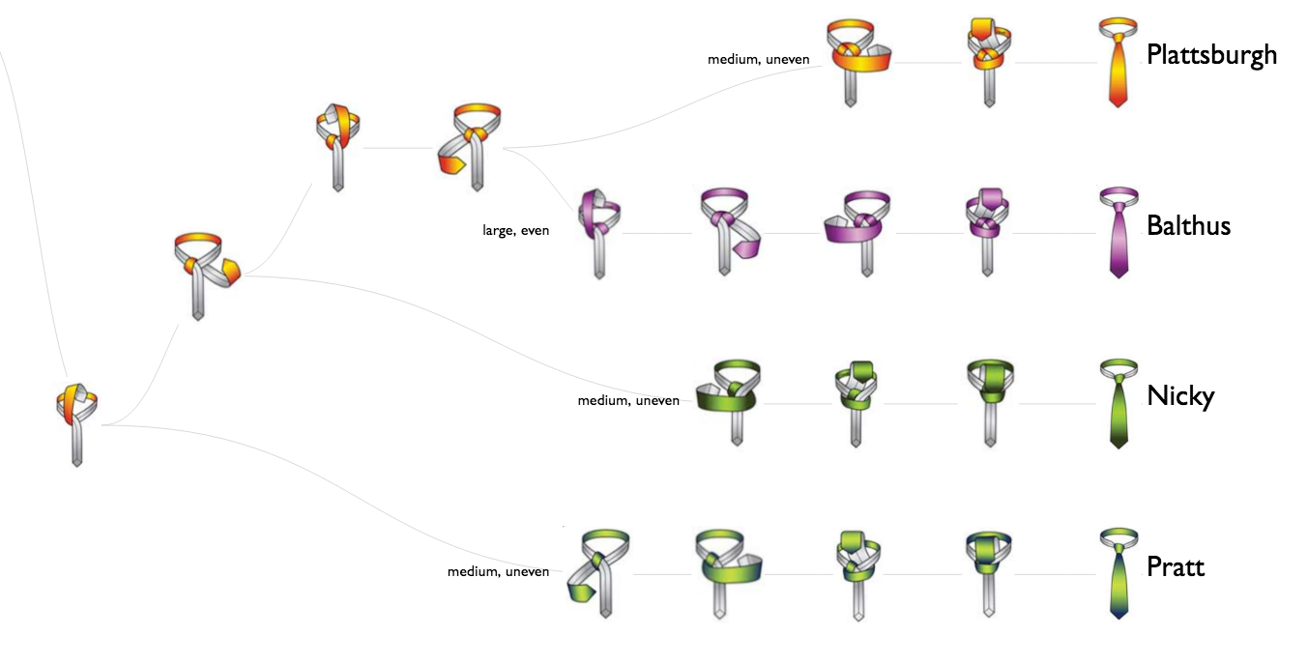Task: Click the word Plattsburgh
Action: pyautogui.click(x=1211, y=54)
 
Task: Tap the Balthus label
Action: pyautogui.click(x=1188, y=225)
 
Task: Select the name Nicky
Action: pyautogui.click(x=1179, y=396)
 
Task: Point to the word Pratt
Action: pyautogui.click(x=1176, y=566)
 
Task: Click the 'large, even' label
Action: pyautogui.click(x=515, y=230)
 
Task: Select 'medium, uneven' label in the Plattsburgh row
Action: pyautogui.click(x=758, y=59)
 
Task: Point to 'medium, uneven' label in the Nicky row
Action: pyautogui.click(x=628, y=400)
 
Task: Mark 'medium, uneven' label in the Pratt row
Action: pyautogui.click(x=498, y=571)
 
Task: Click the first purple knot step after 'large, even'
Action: pyautogui.click(x=598, y=232)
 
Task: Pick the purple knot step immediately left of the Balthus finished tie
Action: pyautogui.click(x=987, y=230)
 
